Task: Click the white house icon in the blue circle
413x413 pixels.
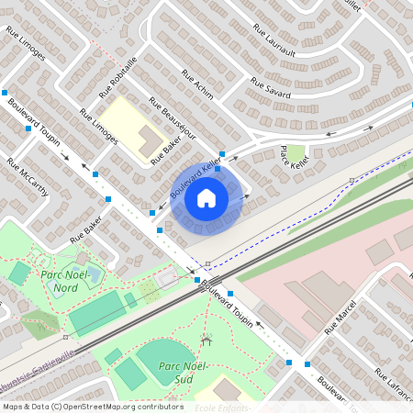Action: pyautogui.click(x=206, y=197)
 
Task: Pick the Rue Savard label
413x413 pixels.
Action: pyautogui.click(x=270, y=89)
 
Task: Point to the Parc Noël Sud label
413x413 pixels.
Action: pyautogui.click(x=179, y=372)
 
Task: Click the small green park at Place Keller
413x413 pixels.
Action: pyautogui.click(x=296, y=151)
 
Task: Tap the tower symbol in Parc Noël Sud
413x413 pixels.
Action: pyautogui.click(x=206, y=340)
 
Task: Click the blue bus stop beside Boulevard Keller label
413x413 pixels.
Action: pyautogui.click(x=221, y=154)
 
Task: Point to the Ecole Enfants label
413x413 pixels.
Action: pyautogui.click(x=222, y=407)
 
